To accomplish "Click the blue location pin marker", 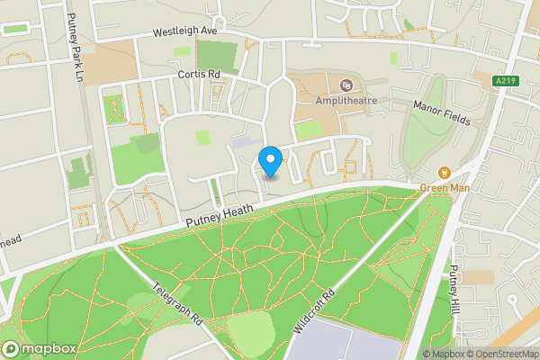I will (x=270, y=162).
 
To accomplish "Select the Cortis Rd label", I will (x=199, y=75).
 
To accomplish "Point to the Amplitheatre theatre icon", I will (x=346, y=86).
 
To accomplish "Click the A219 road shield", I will (x=507, y=81).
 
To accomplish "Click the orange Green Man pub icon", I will (x=443, y=173).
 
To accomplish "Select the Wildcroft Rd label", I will (x=316, y=311).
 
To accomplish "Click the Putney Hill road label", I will (x=455, y=285).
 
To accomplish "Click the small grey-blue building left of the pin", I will (x=242, y=142).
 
